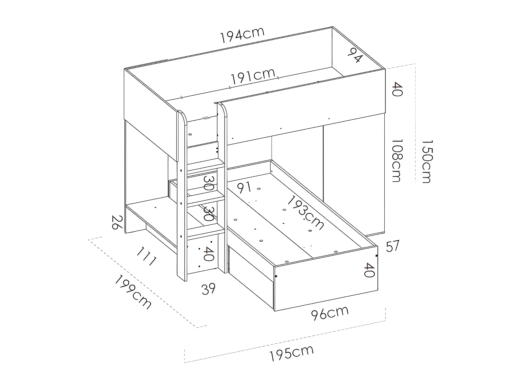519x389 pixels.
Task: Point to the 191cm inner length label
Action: [253, 77]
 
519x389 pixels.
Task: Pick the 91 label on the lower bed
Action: [244, 188]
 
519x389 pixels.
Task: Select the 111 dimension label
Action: [146, 256]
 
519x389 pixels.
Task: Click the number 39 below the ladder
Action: [209, 288]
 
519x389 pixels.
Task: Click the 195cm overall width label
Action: [291, 353]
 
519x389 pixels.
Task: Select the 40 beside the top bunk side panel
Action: [397, 89]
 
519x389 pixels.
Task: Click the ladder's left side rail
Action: [182, 194]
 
